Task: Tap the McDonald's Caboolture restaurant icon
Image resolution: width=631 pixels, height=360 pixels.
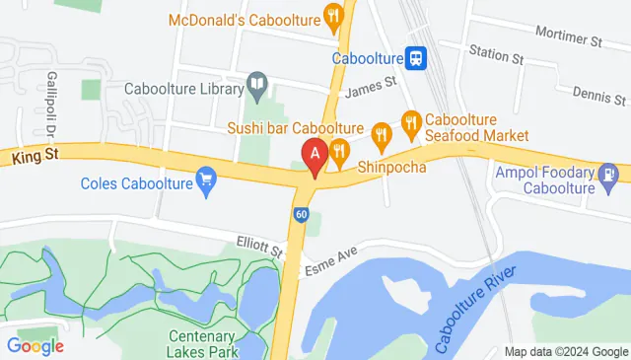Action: [x=334, y=17]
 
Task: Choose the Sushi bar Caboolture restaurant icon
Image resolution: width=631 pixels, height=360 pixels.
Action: [x=381, y=129]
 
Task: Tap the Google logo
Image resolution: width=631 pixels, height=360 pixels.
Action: [x=35, y=345]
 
